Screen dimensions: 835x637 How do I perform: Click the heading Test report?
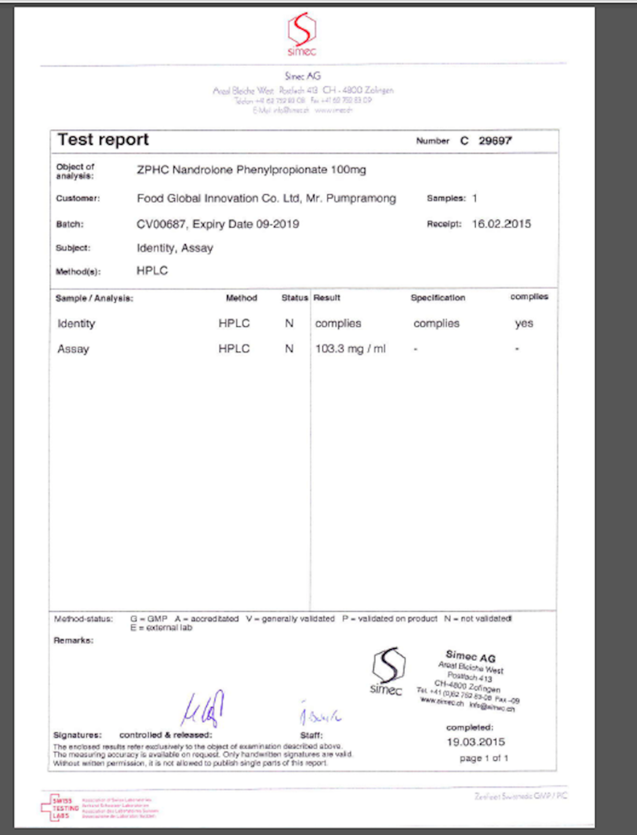coord(103,140)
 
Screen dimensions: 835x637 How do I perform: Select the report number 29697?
coord(495,140)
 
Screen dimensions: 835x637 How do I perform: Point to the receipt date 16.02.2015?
coord(501,224)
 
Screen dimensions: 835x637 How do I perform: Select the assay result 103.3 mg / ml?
coord(350,349)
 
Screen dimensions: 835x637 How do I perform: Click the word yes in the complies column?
coord(524,324)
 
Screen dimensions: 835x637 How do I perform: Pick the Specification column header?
coord(438,298)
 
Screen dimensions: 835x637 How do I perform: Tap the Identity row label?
coord(76,324)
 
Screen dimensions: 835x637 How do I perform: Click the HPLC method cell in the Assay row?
coord(234,349)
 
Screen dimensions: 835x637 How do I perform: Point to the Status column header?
coord(295,298)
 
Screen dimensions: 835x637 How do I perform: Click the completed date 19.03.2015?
coord(476,742)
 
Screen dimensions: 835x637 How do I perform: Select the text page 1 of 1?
coord(484,758)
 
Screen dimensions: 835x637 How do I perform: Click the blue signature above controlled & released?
coord(203,709)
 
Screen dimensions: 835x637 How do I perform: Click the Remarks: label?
coord(74,640)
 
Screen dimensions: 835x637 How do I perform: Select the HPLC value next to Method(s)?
coord(152,271)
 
